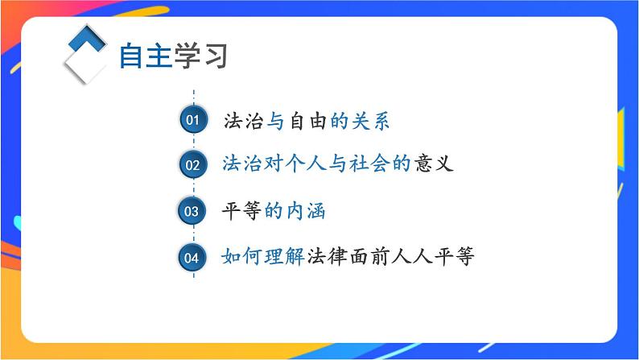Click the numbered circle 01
pos(192,120)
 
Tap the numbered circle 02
pos(192,165)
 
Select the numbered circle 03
pos(192,212)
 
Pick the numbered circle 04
pos(192,258)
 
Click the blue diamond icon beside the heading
pos(85,53)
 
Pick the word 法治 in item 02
pos(242,164)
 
